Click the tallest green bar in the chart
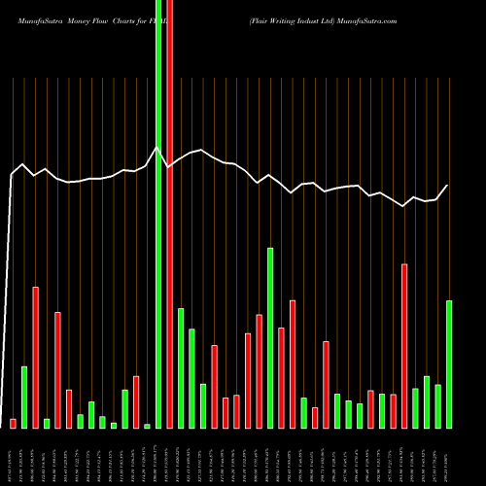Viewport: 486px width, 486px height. tap(158, 214)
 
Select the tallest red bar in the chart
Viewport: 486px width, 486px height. tap(169, 214)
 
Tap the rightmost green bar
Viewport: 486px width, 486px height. tap(449, 364)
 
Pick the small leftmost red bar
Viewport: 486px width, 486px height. tap(14, 423)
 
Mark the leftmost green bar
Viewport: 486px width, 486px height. tap(24, 397)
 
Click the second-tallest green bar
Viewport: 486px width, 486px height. tap(270, 337)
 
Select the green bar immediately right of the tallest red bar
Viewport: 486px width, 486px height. tap(181, 367)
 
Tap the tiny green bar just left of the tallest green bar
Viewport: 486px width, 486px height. tap(147, 426)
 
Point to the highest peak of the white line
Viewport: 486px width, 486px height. tap(157, 148)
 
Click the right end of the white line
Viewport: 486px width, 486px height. tap(448, 185)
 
